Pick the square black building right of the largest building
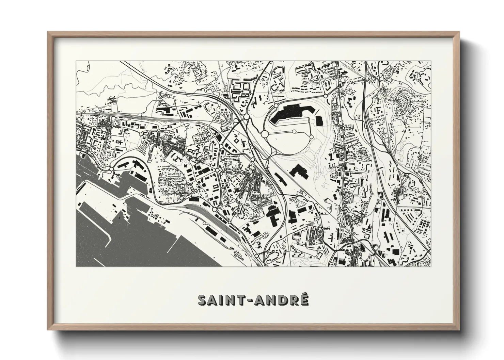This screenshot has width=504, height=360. pos(319,120)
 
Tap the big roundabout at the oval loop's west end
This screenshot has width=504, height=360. pos(265,134)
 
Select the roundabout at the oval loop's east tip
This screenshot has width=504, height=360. pos(311,136)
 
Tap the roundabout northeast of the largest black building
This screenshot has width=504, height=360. pos(325,96)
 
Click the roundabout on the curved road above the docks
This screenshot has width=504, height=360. pos(111,169)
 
